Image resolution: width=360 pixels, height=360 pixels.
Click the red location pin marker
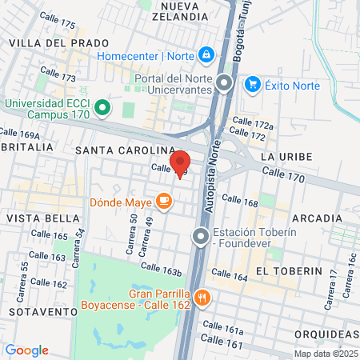(x=179, y=163)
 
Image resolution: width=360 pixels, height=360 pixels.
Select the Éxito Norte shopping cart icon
(x=253, y=85)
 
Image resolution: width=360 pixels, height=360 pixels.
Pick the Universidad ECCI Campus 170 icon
(x=102, y=106)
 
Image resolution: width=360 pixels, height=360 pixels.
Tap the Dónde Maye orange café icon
(x=164, y=202)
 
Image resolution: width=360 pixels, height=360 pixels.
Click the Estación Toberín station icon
(x=201, y=234)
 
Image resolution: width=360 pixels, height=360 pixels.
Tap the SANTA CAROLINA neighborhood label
(x=123, y=150)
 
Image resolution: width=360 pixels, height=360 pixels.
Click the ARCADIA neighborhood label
(x=317, y=218)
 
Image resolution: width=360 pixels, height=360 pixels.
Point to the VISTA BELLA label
(x=38, y=218)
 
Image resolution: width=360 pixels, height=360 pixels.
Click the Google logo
(x=27, y=350)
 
